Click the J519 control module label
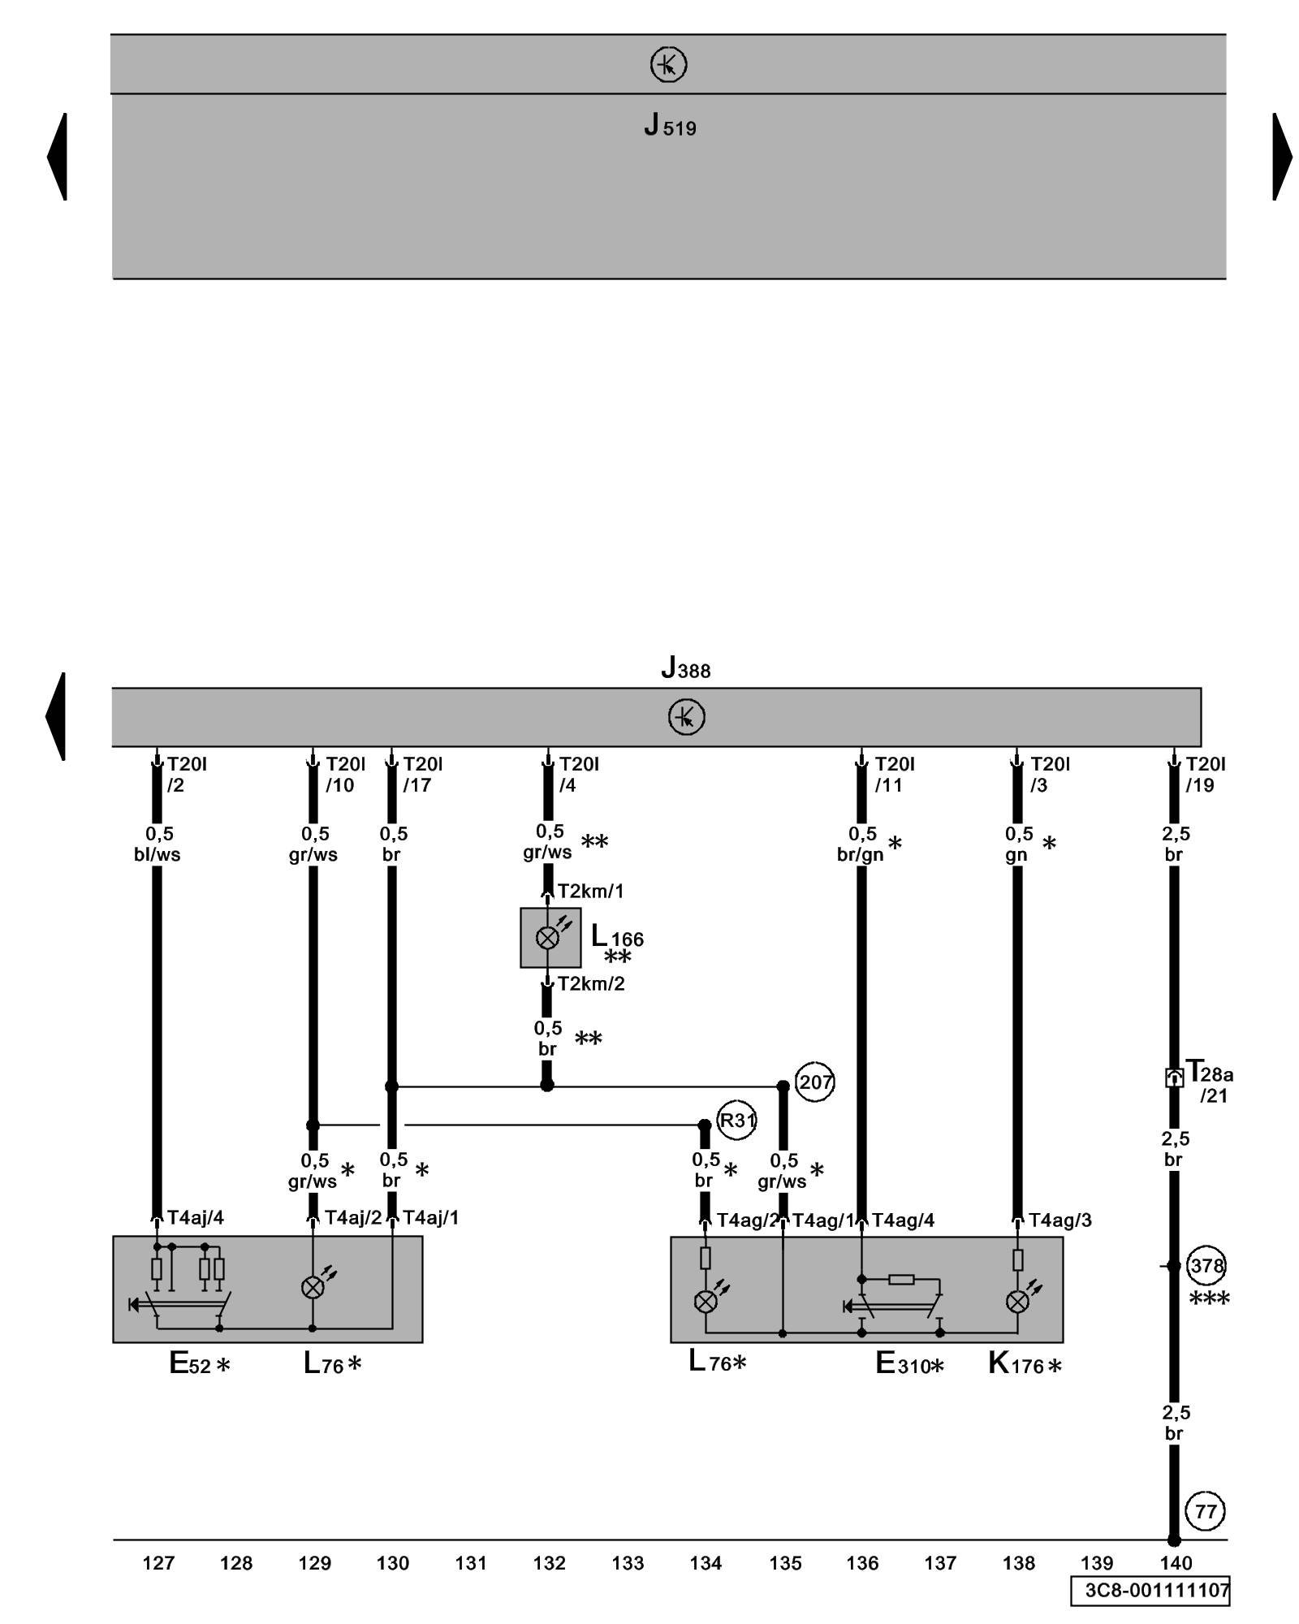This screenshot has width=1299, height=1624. click(670, 126)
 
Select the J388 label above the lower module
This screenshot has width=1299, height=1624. click(686, 668)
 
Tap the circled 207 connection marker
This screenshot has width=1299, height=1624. click(814, 1082)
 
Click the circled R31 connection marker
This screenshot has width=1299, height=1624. click(737, 1121)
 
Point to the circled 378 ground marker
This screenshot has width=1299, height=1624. click(1206, 1265)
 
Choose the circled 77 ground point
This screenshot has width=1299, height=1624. click(1206, 1511)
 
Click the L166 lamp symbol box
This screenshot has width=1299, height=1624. click(550, 938)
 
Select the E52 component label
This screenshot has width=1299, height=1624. click(199, 1363)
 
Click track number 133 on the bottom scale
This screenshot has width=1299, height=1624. click(628, 1563)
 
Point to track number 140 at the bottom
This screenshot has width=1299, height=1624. click(1176, 1563)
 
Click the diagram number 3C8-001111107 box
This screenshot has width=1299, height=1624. click(1150, 1590)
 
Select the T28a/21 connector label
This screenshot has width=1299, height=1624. click(1209, 1082)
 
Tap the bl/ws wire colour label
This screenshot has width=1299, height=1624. click(157, 854)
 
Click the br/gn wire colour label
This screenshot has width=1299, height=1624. click(860, 854)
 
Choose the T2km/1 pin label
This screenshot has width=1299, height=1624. click(591, 891)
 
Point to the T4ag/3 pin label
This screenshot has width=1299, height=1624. click(1060, 1220)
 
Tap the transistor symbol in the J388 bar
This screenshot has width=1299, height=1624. click(686, 718)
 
